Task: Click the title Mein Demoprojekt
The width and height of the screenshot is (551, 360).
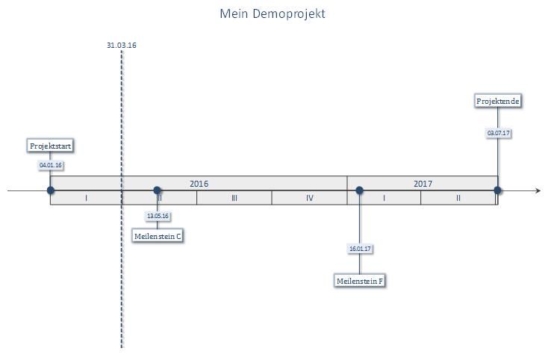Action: (273, 13)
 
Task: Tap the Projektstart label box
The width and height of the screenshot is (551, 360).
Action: (50, 146)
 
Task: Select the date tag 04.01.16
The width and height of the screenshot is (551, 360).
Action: (51, 165)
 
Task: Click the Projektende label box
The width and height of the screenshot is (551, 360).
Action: (497, 101)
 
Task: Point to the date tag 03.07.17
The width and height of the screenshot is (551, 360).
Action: (498, 133)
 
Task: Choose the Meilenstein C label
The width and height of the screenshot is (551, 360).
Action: (158, 236)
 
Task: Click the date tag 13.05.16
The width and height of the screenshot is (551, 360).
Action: (158, 216)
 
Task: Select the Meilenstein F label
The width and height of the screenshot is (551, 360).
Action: (359, 281)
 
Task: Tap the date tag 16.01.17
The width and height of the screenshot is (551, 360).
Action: (360, 249)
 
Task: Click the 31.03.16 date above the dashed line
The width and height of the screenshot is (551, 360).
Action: (122, 45)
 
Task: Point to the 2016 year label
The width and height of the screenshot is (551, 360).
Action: (199, 184)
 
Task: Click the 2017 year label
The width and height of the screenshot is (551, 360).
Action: (423, 184)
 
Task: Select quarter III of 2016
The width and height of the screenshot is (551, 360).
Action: (234, 198)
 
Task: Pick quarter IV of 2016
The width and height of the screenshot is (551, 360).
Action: (310, 198)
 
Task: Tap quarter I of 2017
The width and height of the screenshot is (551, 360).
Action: (384, 198)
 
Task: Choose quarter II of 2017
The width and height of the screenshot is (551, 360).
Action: (458, 198)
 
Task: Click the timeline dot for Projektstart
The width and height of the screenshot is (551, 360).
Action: (51, 190)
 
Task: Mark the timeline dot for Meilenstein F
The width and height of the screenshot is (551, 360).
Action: (359, 190)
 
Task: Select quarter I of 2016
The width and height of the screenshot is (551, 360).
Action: (86, 198)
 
